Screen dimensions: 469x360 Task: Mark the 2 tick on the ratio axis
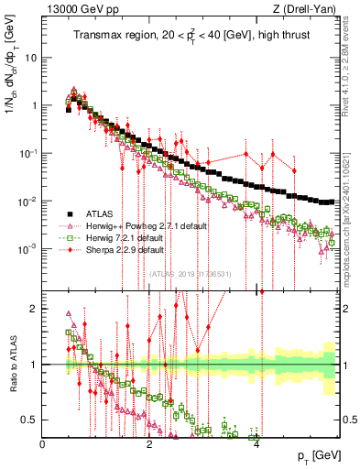pyautogui.click(x=35, y=309)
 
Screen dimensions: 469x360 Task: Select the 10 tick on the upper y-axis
pyautogui.click(x=31, y=57)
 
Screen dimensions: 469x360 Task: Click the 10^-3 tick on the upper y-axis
pyautogui.click(x=28, y=249)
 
